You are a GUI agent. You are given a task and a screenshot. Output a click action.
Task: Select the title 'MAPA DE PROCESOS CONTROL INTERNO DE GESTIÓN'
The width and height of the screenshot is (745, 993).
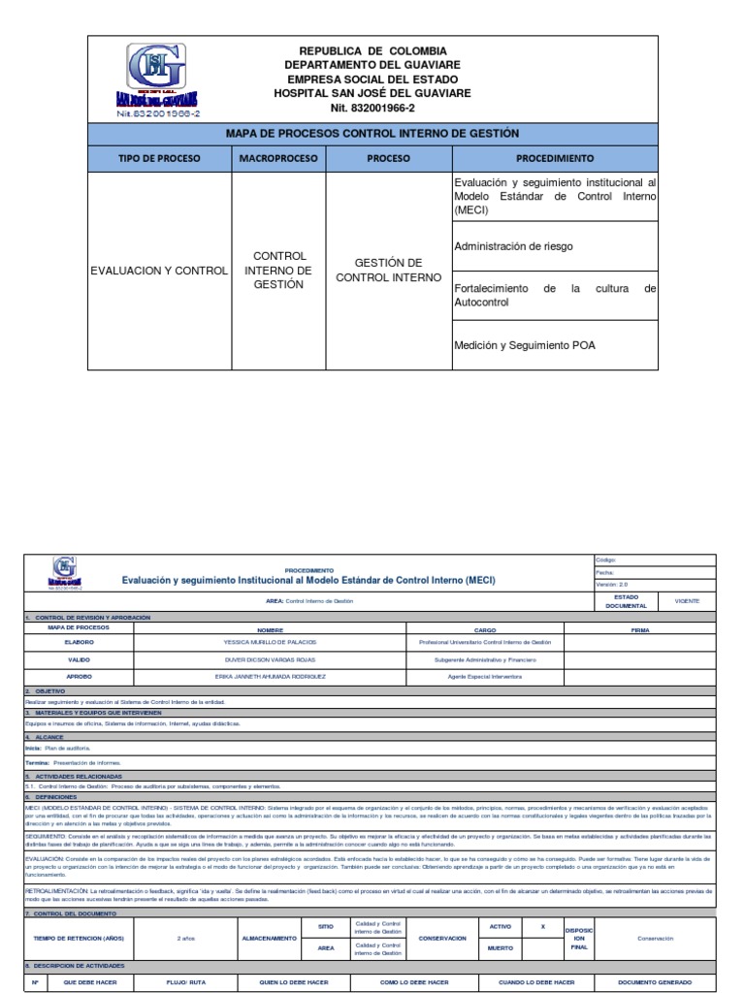click(372, 133)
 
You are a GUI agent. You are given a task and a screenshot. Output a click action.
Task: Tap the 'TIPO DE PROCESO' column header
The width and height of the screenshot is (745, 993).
click(159, 157)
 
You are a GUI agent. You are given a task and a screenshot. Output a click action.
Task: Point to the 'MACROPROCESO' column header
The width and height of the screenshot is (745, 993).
click(277, 157)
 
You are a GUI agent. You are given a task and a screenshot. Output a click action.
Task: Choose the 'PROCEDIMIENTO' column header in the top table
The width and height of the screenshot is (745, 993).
click(555, 157)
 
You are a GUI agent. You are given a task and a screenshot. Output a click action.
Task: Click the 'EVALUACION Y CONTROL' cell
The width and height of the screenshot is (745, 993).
click(159, 271)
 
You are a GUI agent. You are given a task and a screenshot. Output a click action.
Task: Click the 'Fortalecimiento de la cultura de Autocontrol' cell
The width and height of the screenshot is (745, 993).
click(555, 296)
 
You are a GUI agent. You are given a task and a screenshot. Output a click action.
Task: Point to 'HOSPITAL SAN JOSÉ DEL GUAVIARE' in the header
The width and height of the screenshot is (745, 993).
click(372, 92)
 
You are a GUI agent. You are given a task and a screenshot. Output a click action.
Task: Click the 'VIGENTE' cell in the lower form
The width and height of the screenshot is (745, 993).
click(687, 601)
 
